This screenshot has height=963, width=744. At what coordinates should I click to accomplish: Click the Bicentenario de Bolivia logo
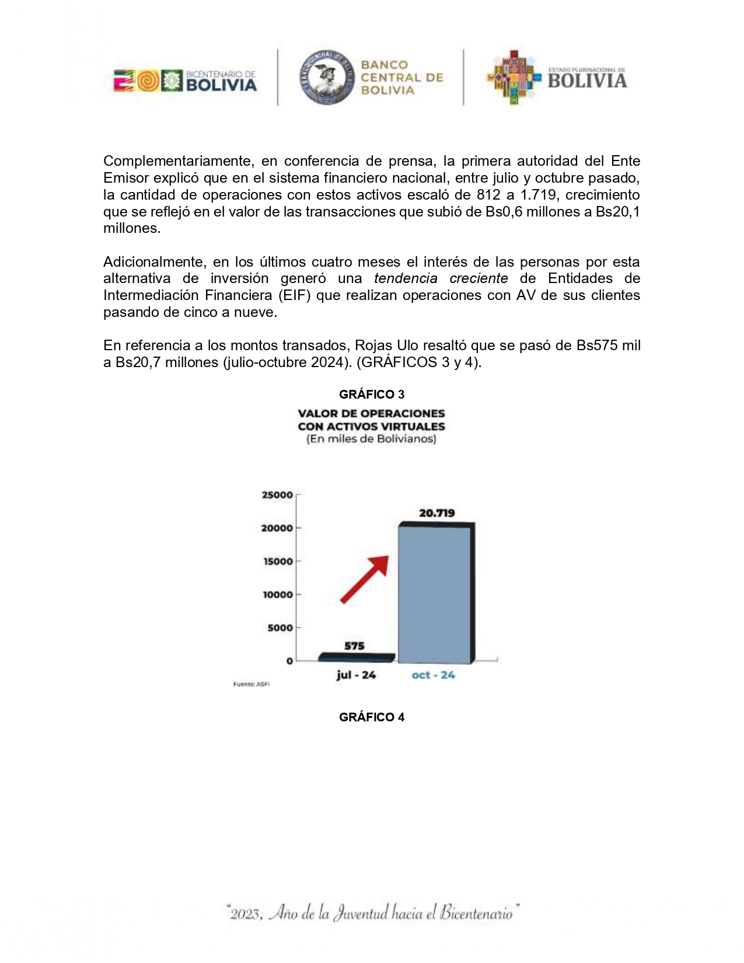[185, 81]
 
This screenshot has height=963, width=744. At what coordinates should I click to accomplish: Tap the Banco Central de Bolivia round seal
[327, 77]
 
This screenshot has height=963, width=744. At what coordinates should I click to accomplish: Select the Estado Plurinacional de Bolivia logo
[557, 78]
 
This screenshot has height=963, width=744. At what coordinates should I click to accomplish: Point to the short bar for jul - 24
[356, 657]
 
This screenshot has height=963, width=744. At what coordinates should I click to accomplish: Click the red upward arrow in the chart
[365, 579]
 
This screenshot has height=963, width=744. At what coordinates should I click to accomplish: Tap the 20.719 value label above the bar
[436, 513]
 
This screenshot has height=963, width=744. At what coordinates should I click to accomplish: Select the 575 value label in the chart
[354, 646]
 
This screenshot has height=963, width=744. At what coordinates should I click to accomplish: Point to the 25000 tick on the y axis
[277, 495]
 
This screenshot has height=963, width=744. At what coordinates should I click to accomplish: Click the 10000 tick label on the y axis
[277, 595]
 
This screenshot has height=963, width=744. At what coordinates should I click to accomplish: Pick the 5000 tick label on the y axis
[280, 628]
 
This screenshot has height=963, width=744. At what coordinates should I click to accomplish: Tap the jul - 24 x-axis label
[356, 675]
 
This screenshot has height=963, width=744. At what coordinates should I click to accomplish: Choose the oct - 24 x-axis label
[433, 675]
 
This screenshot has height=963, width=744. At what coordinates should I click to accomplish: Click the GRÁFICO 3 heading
[372, 395]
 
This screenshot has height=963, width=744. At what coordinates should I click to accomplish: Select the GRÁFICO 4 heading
[372, 717]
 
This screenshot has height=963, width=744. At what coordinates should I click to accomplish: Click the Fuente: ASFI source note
[252, 684]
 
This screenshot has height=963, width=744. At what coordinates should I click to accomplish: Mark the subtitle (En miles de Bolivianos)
[371, 439]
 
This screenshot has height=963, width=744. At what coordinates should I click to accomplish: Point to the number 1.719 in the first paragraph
[539, 194]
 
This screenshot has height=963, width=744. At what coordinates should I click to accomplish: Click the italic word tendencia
[406, 278]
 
